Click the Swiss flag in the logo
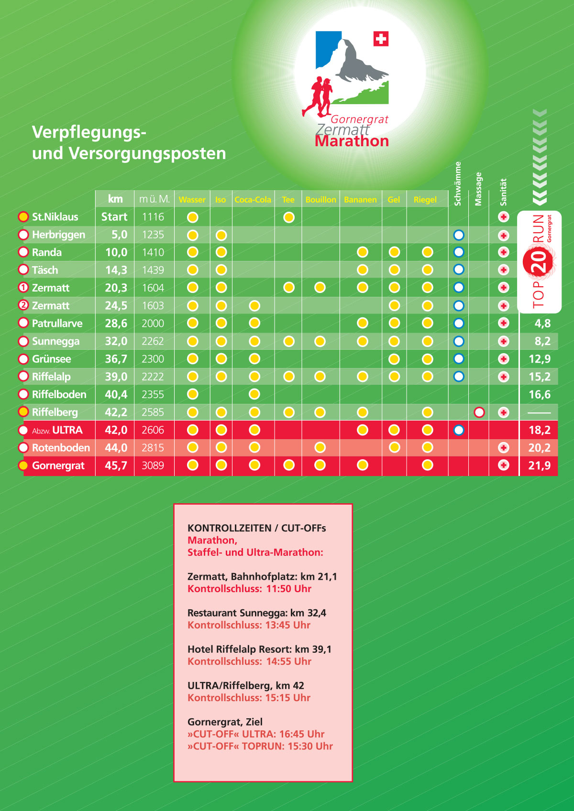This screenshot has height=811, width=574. point(381,39)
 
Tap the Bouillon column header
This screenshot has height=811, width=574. point(320,200)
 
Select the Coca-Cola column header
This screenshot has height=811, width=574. point(253,200)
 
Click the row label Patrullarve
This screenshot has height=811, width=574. point(57,324)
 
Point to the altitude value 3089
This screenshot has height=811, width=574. point(153,465)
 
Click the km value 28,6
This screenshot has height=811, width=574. point(116,324)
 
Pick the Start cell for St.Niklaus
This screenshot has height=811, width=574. point(114,217)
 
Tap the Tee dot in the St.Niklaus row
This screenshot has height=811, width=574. point(289,217)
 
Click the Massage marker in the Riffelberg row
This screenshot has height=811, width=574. point(479,412)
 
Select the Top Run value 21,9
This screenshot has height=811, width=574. point(539,465)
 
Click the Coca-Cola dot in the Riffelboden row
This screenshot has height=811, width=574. point(254,394)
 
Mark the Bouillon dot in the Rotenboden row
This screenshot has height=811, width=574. point(320,448)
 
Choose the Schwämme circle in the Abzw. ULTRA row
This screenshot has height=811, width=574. point(459,430)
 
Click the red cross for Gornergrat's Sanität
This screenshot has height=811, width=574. point(504,465)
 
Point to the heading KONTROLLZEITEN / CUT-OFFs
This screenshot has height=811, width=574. point(256,528)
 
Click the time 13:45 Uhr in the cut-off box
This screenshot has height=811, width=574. point(288,625)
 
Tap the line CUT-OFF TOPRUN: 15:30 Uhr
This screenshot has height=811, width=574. point(260,746)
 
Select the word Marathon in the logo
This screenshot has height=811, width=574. point(352,141)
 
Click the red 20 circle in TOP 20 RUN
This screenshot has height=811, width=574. point(539,261)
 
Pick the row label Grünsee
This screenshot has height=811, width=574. point(51,359)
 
